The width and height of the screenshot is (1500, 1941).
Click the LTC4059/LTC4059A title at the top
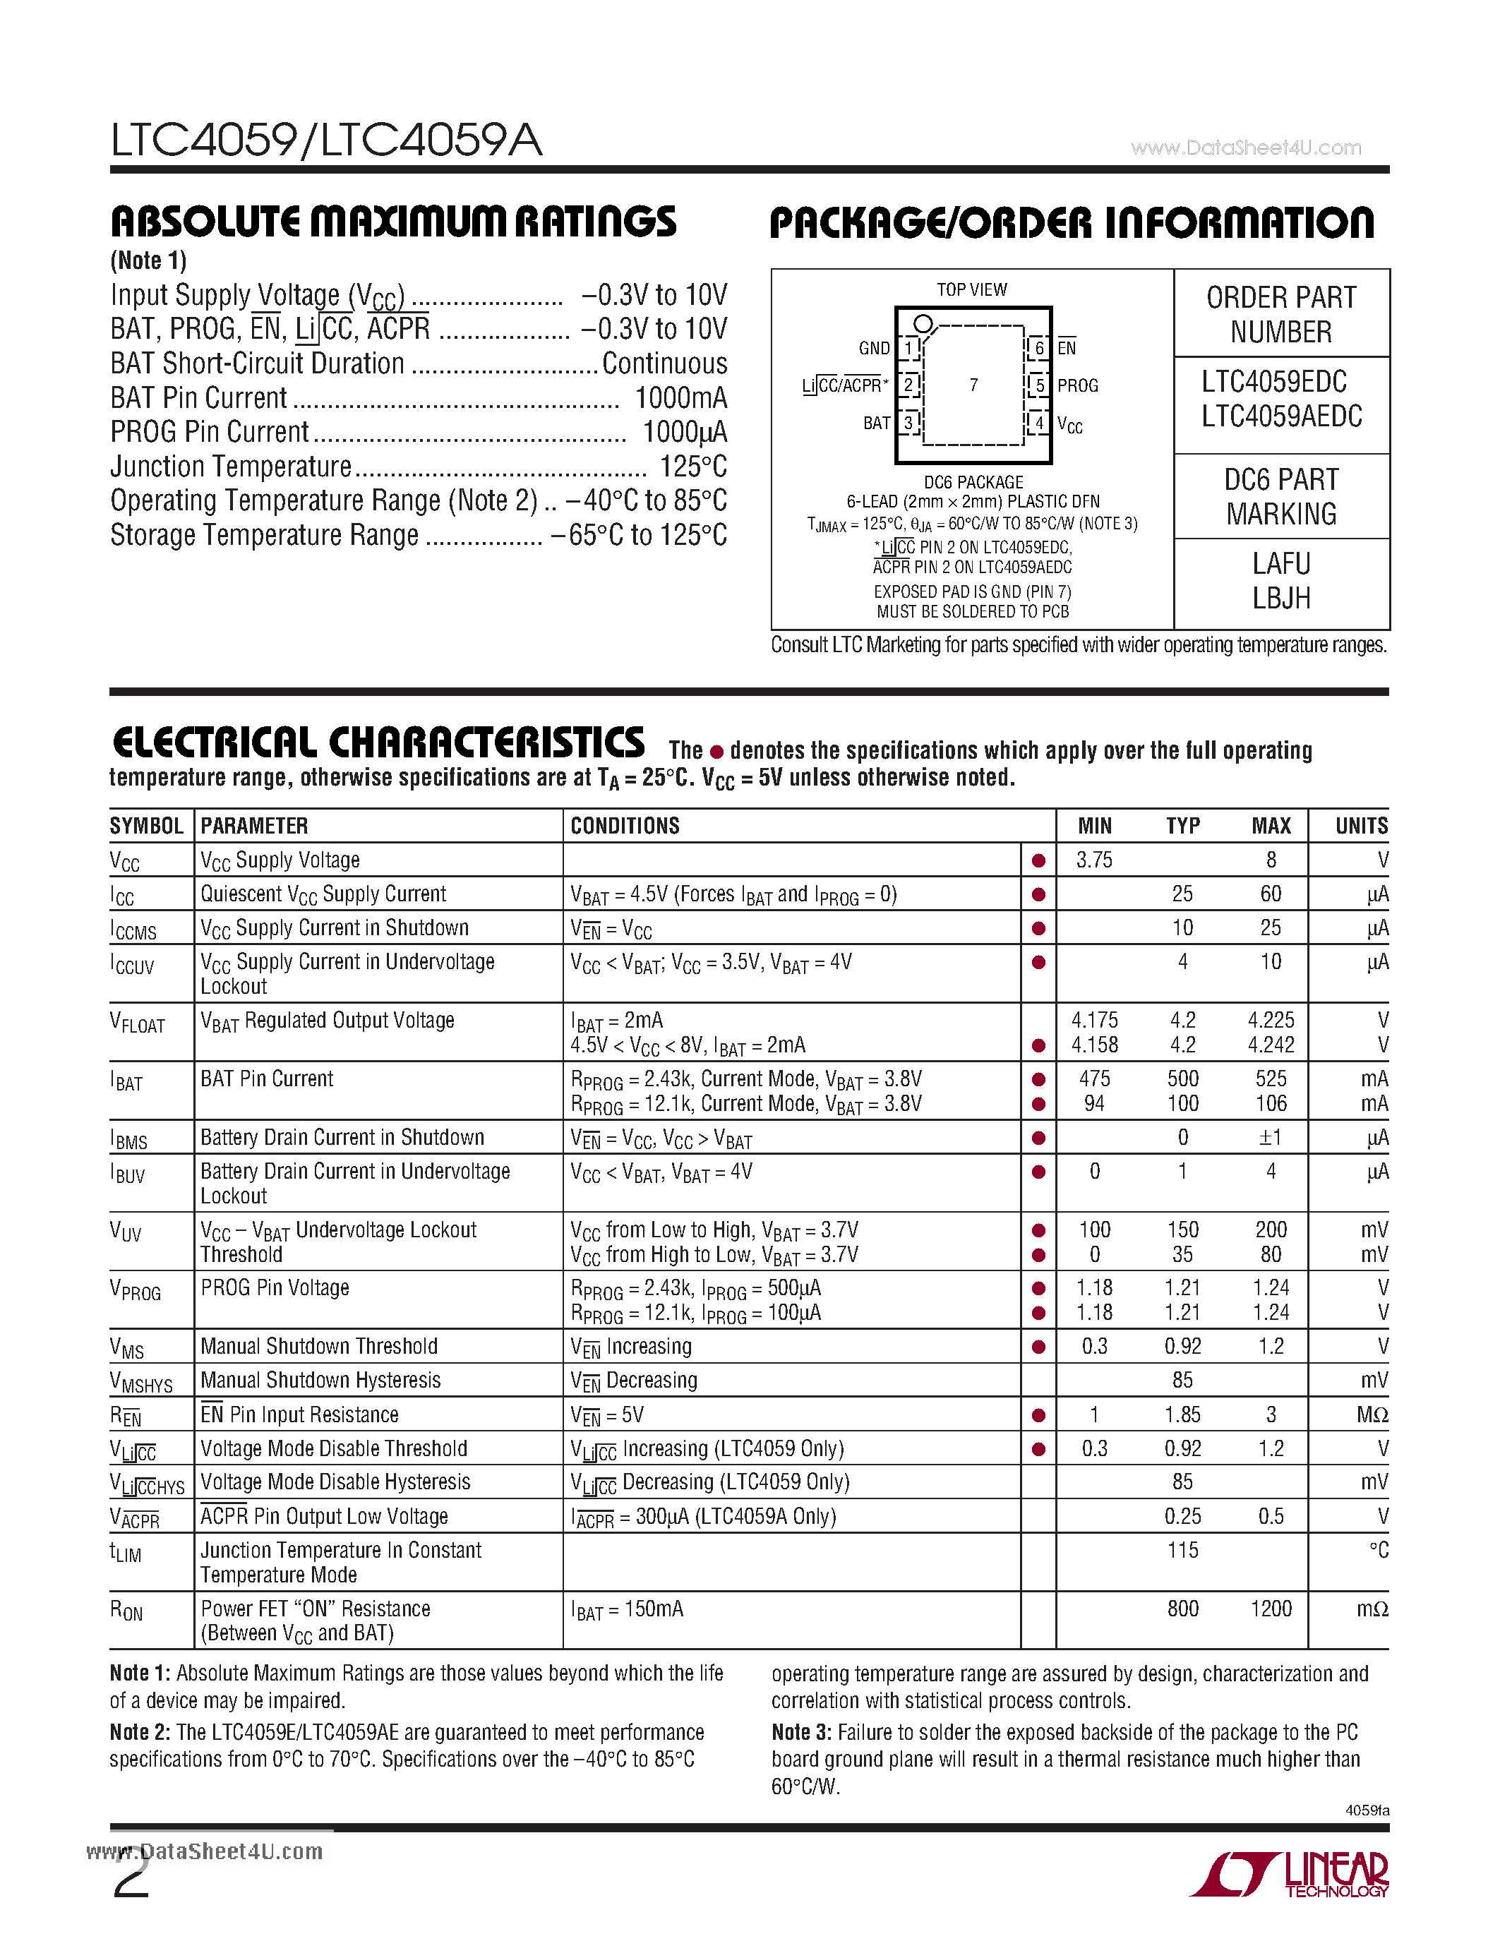tap(326, 140)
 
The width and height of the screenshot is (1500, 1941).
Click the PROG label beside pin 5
tap(1077, 385)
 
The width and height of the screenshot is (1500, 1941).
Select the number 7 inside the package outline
tap(973, 385)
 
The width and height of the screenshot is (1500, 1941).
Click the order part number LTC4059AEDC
tap(1280, 416)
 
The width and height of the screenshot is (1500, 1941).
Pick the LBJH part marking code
tap(1280, 598)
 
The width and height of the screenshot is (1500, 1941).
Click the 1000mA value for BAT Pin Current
tap(680, 397)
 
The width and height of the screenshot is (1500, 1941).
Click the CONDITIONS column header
tap(625, 826)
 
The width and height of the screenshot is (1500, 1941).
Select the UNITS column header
tap(1360, 826)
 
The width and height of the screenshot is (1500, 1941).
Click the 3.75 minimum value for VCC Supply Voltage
tap(1094, 860)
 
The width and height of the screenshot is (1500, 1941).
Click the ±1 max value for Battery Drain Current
tap(1271, 1138)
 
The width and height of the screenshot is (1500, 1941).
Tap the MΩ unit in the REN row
tap(1372, 1415)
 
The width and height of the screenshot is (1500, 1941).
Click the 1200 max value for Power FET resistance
tap(1271, 1609)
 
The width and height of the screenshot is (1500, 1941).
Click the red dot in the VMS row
tap(1038, 1347)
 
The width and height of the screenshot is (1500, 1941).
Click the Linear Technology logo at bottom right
tap(1290, 1875)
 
